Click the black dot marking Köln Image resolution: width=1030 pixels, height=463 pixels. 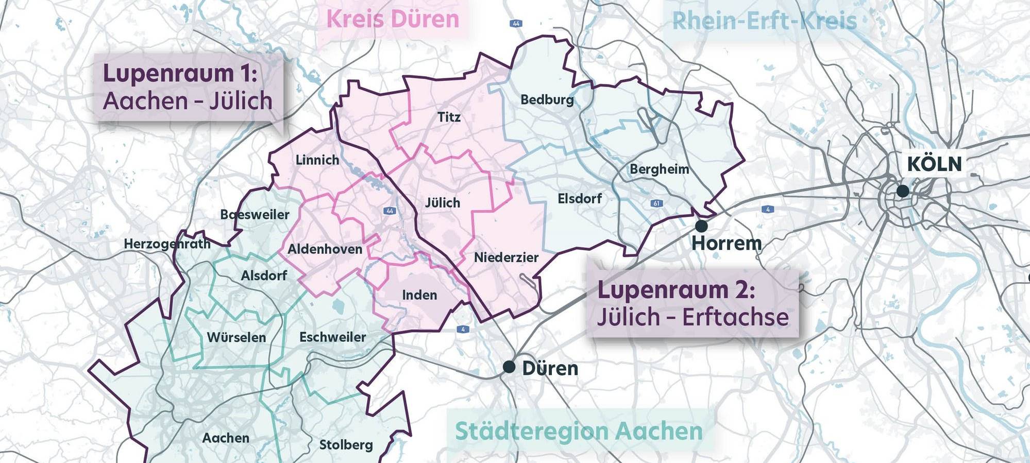(x=902, y=191)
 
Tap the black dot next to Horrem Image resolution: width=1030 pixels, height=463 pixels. (x=701, y=226)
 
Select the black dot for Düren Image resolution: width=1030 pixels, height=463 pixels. (x=509, y=367)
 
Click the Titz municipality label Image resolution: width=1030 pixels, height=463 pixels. (x=449, y=117)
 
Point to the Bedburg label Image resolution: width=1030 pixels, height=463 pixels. (x=547, y=99)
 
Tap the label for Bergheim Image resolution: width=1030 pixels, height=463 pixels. (x=659, y=169)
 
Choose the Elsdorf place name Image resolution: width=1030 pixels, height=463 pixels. (x=579, y=198)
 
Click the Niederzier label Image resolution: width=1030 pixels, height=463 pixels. (x=506, y=258)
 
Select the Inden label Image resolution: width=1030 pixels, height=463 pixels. (x=419, y=295)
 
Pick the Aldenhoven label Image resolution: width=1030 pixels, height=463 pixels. (x=325, y=249)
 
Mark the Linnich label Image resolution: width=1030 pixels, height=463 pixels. (x=317, y=160)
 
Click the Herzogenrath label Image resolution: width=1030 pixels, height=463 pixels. (x=167, y=244)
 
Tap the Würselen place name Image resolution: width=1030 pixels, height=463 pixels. (x=237, y=337)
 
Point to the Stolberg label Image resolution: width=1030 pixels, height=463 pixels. (x=346, y=444)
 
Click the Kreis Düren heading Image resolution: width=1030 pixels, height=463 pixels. (x=393, y=20)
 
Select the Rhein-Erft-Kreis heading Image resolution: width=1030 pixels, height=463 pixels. (x=764, y=21)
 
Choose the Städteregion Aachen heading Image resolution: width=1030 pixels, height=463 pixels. (x=579, y=431)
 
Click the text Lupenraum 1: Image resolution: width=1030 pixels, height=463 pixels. (x=180, y=73)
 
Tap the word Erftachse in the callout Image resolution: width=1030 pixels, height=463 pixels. (x=736, y=317)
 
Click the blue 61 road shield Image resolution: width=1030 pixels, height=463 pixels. (x=656, y=203)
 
